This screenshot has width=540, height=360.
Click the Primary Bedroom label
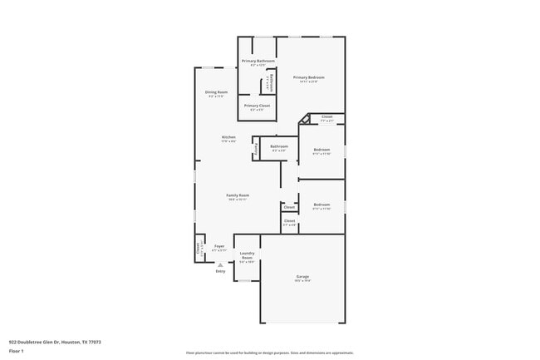[x=308, y=77]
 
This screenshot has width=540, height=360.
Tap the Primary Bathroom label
[x=258, y=61]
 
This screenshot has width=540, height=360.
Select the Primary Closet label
[x=257, y=106]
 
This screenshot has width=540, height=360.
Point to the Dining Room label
[x=216, y=92]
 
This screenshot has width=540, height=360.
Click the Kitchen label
[x=228, y=137]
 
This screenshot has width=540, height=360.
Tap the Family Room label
[x=238, y=195]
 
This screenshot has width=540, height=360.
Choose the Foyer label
[x=219, y=246]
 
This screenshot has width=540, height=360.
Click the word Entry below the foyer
[x=220, y=271]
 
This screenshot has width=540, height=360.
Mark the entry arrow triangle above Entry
[x=220, y=264]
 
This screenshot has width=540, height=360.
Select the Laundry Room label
[x=247, y=255]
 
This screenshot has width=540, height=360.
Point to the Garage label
[x=303, y=276]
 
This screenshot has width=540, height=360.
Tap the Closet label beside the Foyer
[x=198, y=247]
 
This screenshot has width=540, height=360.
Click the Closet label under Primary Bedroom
[x=327, y=116]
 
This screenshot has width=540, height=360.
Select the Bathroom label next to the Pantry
[x=279, y=146]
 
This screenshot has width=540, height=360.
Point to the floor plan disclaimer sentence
[x=269, y=353]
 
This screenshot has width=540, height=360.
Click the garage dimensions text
[x=303, y=281]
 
